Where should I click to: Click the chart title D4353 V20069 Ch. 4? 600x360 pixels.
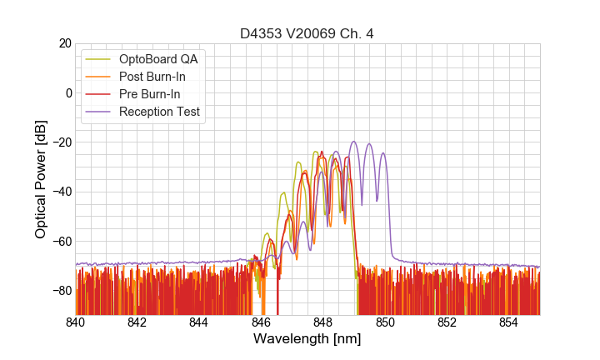[x=307, y=33]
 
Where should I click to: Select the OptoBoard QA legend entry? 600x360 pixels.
[x=158, y=59]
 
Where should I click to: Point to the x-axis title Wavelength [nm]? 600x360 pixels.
[x=307, y=340]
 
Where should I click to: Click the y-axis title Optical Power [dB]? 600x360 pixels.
[x=41, y=179]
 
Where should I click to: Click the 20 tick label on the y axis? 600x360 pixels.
[x=63, y=43]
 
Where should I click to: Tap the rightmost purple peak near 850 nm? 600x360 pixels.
[x=383, y=153]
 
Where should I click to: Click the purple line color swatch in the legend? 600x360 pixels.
[x=99, y=112]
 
